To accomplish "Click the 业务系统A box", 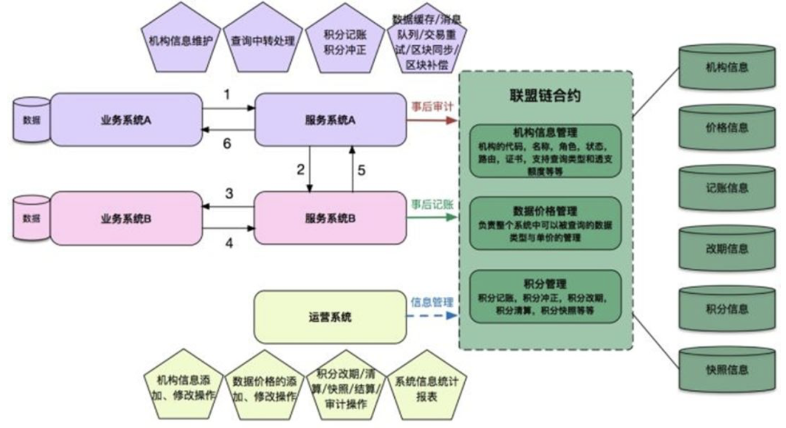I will (x=126, y=120).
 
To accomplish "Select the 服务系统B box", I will (x=330, y=218).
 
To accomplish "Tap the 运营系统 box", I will (x=330, y=317).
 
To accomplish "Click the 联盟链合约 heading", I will (x=545, y=95).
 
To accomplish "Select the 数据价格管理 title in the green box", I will (x=545, y=211).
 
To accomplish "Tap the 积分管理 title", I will (x=545, y=284).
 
